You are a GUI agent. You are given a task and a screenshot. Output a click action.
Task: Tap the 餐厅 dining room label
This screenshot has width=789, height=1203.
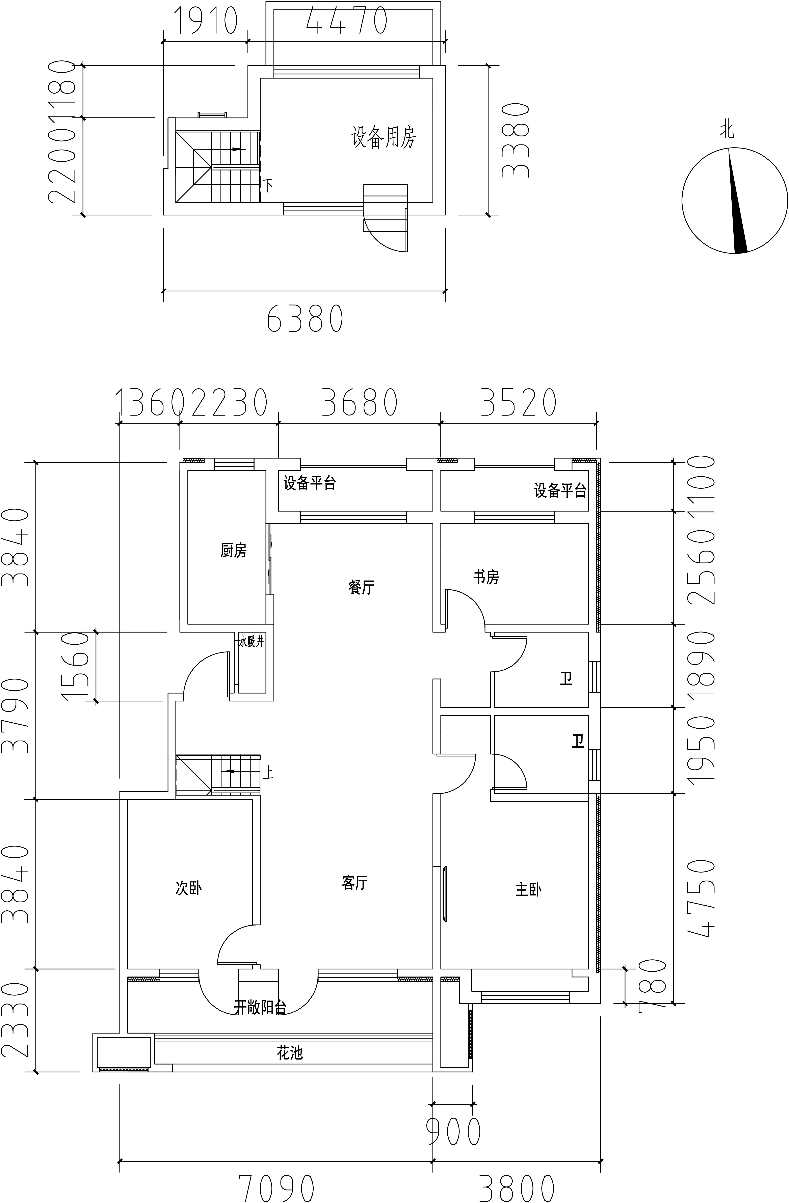tap(361, 587)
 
